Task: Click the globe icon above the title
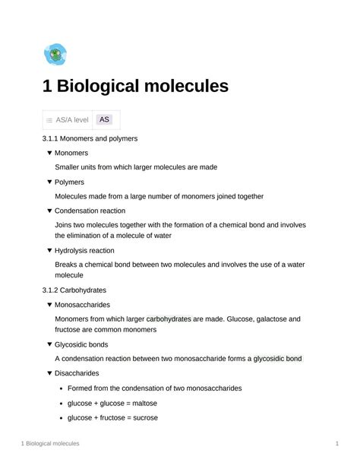click(55, 54)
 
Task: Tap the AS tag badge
click(105, 119)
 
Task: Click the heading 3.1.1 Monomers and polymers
click(90, 139)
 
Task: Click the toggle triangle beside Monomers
click(49, 153)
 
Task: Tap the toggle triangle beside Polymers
click(49, 182)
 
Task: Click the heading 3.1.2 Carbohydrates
click(74, 290)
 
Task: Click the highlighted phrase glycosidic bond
click(277, 358)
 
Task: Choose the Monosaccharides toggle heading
click(84, 304)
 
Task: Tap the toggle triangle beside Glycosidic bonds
click(49, 344)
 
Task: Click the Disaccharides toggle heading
click(77, 372)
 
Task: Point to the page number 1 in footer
click(336, 442)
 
